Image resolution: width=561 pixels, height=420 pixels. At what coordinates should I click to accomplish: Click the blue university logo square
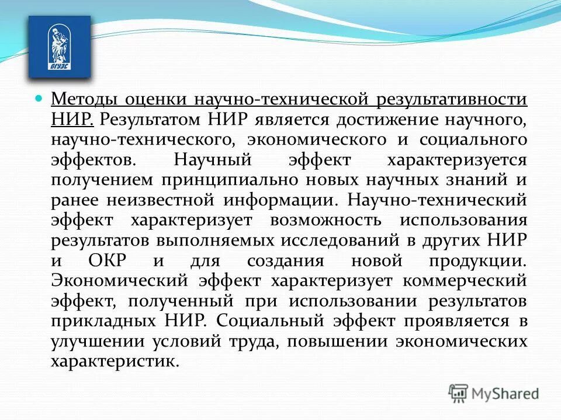pyautogui.click(x=60, y=47)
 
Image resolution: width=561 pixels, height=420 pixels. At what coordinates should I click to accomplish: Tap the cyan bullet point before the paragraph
pyautogui.click(x=39, y=98)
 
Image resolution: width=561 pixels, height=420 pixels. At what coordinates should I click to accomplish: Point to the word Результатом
pyautogui.click(x=150, y=120)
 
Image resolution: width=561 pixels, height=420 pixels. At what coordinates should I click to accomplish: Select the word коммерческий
pyautogui.click(x=463, y=281)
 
